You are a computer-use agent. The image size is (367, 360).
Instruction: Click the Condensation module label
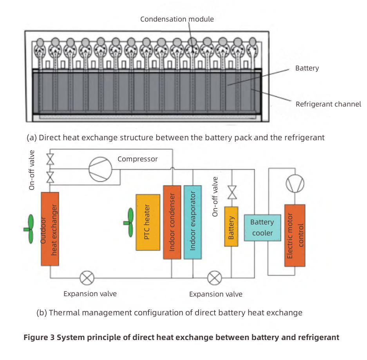coord(177,19)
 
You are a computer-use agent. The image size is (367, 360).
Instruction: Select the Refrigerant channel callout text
coord(328,104)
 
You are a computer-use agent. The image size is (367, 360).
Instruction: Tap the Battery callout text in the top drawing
coord(307,68)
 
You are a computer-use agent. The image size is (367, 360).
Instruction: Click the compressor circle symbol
coord(100,170)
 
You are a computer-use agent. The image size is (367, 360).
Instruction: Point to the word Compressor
coord(137,159)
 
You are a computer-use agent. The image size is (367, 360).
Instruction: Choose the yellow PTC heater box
coord(148,222)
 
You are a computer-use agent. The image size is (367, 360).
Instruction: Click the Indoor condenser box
coord(172,222)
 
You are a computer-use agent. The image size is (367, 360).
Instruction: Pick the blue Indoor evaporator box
coord(193,222)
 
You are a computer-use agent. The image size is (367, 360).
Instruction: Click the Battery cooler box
coord(262,228)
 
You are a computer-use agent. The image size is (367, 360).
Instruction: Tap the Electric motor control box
coord(295,235)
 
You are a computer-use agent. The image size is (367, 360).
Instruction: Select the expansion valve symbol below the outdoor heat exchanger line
coord(87,278)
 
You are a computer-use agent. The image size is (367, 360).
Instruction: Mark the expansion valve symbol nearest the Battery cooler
coord(214,278)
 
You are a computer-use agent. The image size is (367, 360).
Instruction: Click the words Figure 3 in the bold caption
coord(39,337)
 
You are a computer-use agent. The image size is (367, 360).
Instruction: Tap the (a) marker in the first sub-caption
coord(32,138)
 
